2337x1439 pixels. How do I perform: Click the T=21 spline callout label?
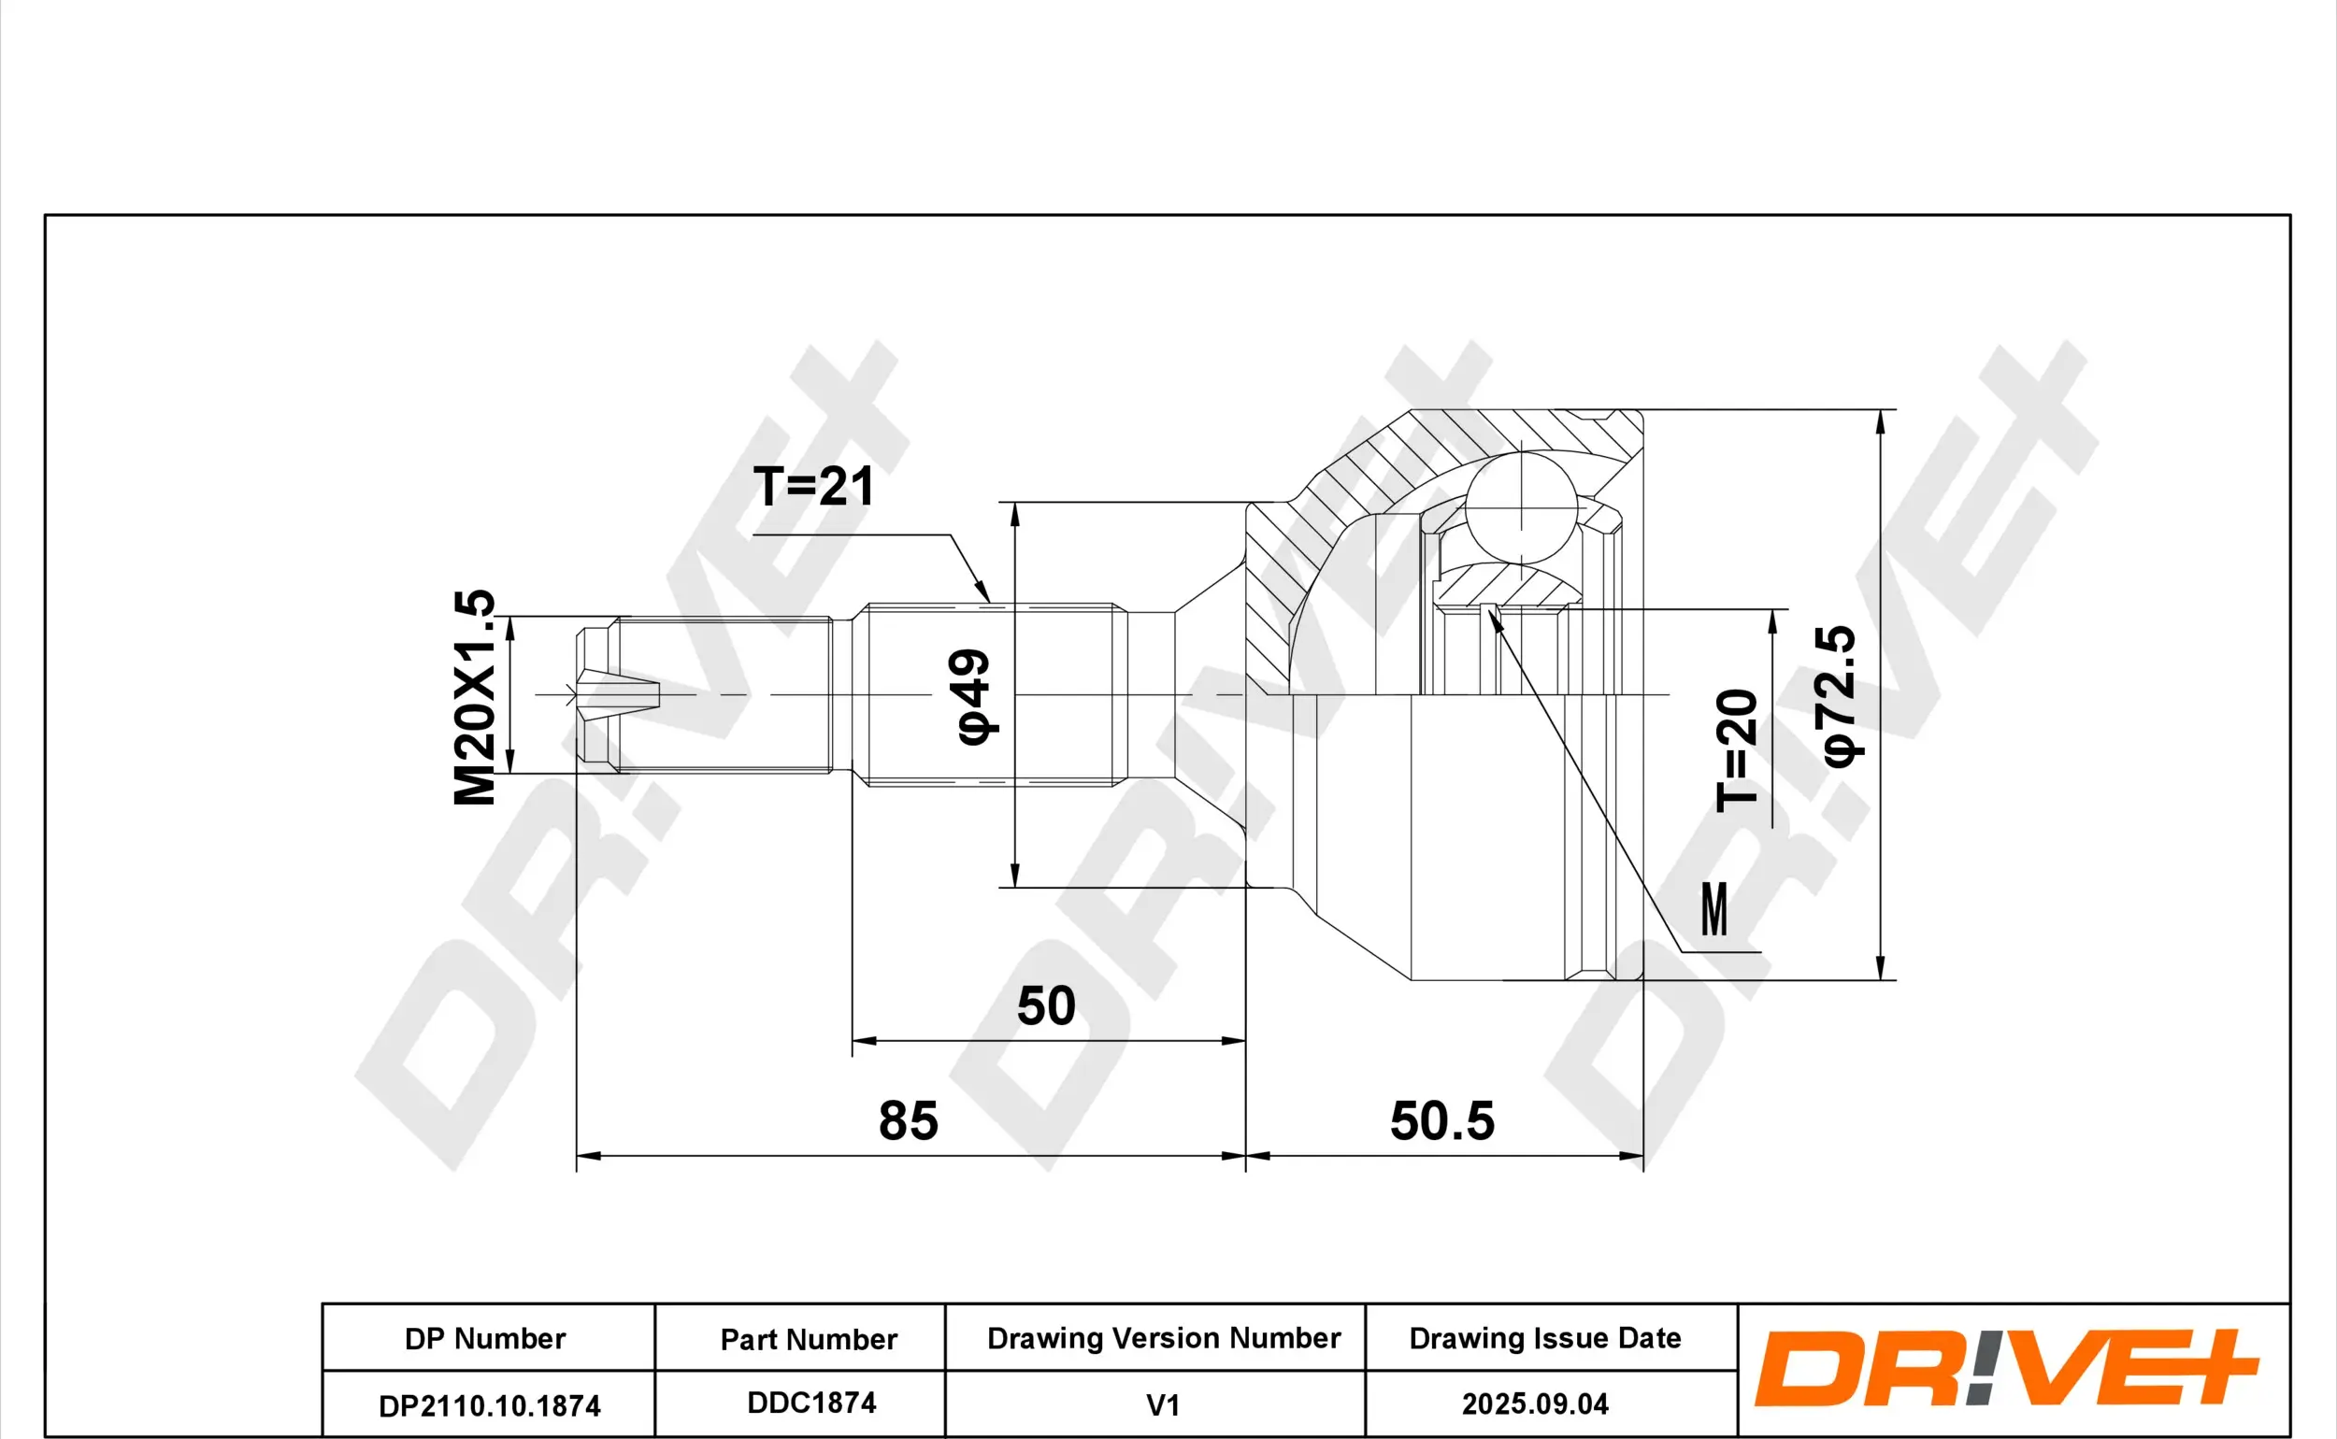click(813, 486)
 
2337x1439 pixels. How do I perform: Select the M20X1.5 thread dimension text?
click(474, 697)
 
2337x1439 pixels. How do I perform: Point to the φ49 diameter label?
click(974, 697)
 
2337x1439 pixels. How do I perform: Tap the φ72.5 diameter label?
click(1840, 696)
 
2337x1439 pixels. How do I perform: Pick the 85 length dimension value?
click(908, 1120)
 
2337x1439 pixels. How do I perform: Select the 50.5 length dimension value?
click(1442, 1120)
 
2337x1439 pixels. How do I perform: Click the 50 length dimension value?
click(1046, 1006)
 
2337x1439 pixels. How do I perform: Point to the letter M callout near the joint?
click(1714, 909)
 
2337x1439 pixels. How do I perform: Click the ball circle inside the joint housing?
click(1521, 507)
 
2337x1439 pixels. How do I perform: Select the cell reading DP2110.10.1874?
click(488, 1404)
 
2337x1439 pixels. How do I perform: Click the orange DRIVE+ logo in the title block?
click(2007, 1369)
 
